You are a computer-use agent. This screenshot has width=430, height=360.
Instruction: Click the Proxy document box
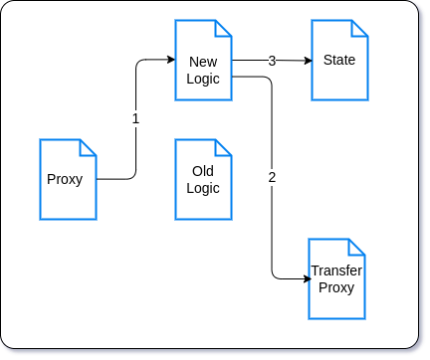pos(68,179)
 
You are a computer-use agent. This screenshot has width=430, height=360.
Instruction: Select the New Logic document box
pos(203,60)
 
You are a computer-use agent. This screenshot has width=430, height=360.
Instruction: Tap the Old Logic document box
pos(203,179)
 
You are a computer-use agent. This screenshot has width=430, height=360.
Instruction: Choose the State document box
pos(339,61)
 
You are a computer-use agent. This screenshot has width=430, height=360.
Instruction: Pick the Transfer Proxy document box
pos(336,278)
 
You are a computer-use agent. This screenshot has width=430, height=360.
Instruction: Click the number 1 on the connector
pos(136,118)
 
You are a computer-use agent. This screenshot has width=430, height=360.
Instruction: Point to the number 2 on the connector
pos(272,178)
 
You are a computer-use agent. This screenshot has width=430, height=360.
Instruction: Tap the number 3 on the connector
pos(272,61)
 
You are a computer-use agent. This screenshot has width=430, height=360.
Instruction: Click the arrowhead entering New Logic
pos(170,61)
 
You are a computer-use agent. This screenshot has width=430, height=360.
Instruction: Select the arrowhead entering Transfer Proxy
pos(304,279)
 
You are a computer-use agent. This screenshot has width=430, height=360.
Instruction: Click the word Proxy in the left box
pos(64,179)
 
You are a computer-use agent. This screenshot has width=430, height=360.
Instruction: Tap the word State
pos(339,61)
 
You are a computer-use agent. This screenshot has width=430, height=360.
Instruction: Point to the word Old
pos(203,171)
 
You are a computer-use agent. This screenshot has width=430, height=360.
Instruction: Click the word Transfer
pos(336,270)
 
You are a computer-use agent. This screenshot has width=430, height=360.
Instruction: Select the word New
pos(203,62)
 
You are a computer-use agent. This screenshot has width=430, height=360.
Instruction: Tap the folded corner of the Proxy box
pos(89,147)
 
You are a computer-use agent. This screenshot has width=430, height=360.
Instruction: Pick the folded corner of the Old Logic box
pos(224,147)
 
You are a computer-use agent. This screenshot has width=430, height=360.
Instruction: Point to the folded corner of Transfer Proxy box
pos(357,247)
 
